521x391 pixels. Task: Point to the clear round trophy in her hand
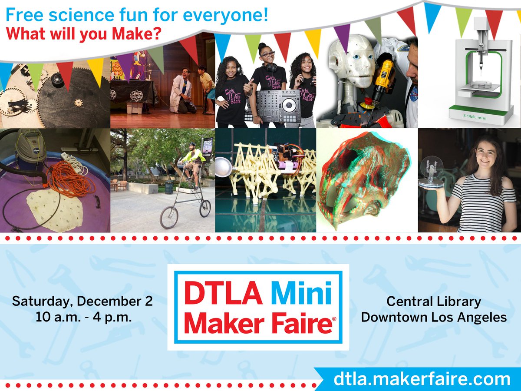431,172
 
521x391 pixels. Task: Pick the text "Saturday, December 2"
82,301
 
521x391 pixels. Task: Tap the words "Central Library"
433,301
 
